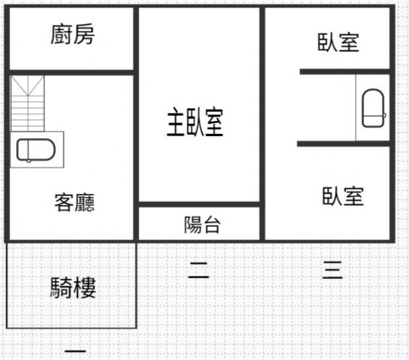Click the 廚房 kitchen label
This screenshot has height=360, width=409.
pyautogui.click(x=72, y=34)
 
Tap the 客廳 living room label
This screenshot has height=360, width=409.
pyautogui.click(x=74, y=202)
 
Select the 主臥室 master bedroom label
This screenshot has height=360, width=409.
pyautogui.click(x=195, y=122)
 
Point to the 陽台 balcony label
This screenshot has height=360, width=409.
pyautogui.click(x=202, y=225)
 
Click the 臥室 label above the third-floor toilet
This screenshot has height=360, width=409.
pyautogui.click(x=338, y=42)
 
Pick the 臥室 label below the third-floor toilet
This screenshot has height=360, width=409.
pyautogui.click(x=343, y=196)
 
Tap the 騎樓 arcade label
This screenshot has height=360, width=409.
pyautogui.click(x=73, y=288)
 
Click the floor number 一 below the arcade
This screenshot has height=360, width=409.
pyautogui.click(x=75, y=351)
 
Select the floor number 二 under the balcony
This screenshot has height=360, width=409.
pyautogui.click(x=198, y=271)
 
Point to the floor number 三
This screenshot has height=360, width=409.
pyautogui.click(x=332, y=270)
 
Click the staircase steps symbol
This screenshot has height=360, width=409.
pyautogui.click(x=28, y=104)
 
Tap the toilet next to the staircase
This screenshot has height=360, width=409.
pyautogui.click(x=36, y=150)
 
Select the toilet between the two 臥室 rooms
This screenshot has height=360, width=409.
pyautogui.click(x=373, y=108)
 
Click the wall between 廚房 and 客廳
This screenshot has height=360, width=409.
pyautogui.click(x=71, y=72)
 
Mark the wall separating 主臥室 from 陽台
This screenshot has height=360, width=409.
pyautogui.click(x=199, y=204)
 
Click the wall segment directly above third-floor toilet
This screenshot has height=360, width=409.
pyautogui.click(x=345, y=71)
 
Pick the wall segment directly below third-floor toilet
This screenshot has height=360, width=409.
pyautogui.click(x=344, y=144)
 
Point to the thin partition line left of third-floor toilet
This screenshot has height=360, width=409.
pyautogui.click(x=356, y=107)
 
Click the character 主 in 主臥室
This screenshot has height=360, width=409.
pyautogui.click(x=176, y=122)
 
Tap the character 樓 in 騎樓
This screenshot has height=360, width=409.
pyautogui.click(x=85, y=288)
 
